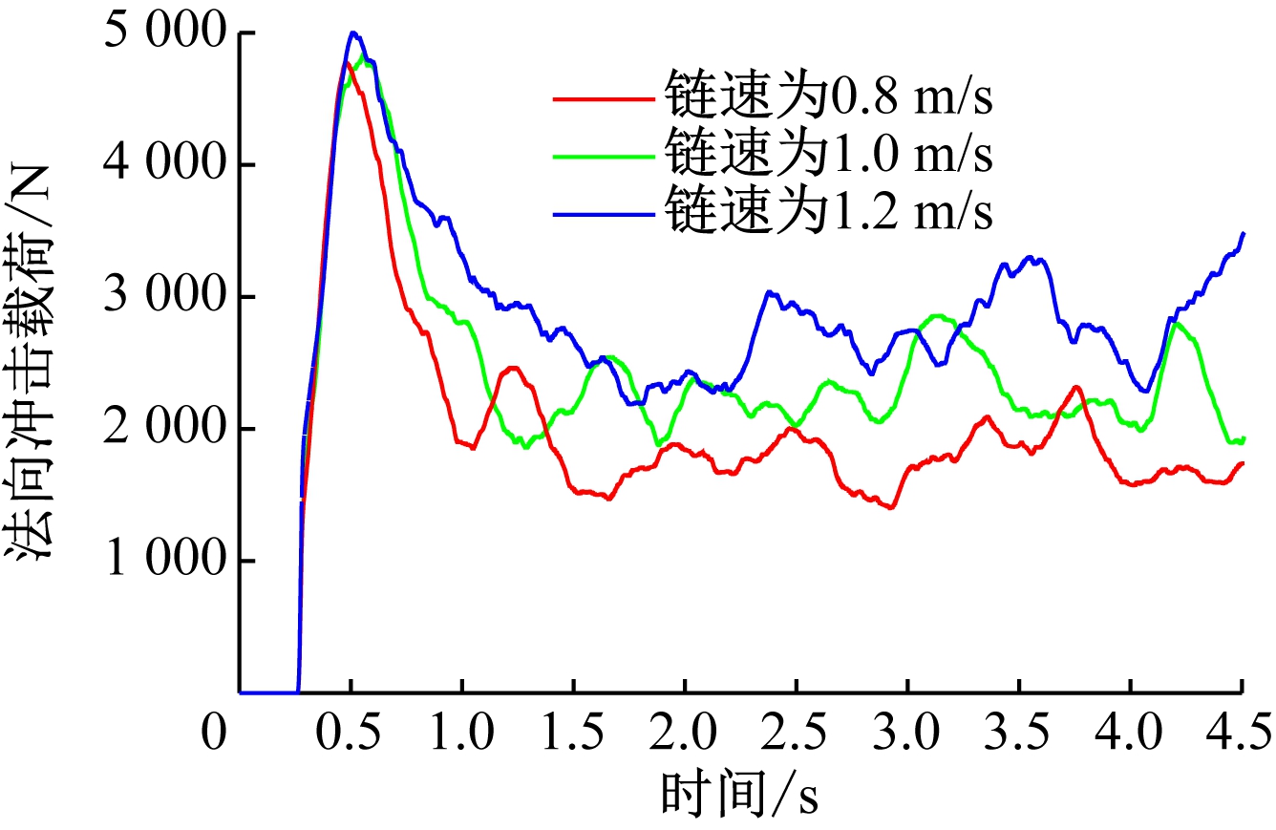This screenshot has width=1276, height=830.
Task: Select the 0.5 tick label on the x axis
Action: (x=351, y=734)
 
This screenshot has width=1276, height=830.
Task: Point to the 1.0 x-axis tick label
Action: (x=462, y=734)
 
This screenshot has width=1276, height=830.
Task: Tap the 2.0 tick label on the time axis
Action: (x=685, y=734)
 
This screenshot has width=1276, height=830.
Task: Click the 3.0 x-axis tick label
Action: (x=907, y=734)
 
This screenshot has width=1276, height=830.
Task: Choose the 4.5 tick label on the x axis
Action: (x=1240, y=734)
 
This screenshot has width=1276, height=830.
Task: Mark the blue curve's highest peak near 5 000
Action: (x=352, y=33)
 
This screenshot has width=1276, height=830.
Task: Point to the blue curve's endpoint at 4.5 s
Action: (x=1242, y=234)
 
